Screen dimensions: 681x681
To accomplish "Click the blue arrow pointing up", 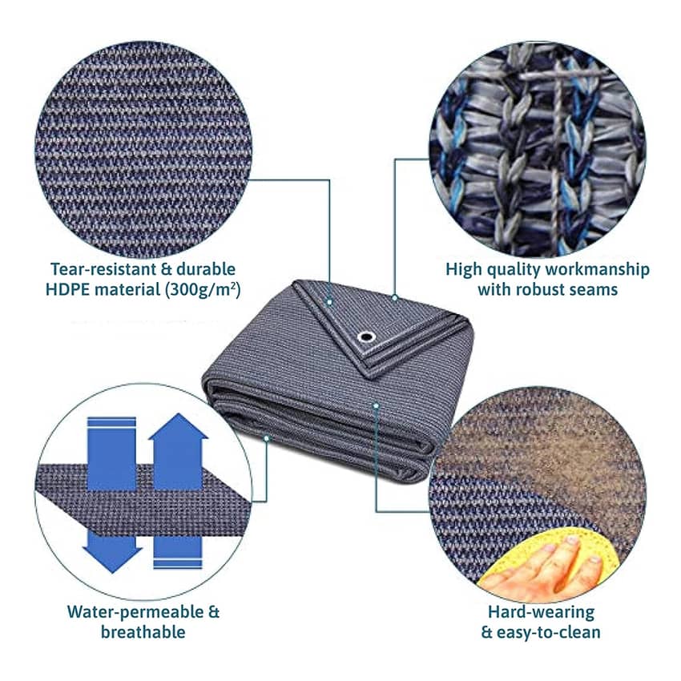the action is click(x=178, y=452).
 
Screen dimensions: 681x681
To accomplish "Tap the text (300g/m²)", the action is click(x=203, y=290).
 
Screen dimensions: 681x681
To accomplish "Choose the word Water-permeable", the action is click(x=135, y=612).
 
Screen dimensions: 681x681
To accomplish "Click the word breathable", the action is click(x=143, y=632).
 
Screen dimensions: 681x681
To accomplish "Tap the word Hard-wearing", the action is click(x=541, y=612).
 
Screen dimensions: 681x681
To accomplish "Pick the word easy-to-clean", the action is click(x=549, y=632).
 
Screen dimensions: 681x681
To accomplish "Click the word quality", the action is click(x=513, y=270).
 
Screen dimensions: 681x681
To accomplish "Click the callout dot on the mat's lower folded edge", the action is click(x=267, y=438).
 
